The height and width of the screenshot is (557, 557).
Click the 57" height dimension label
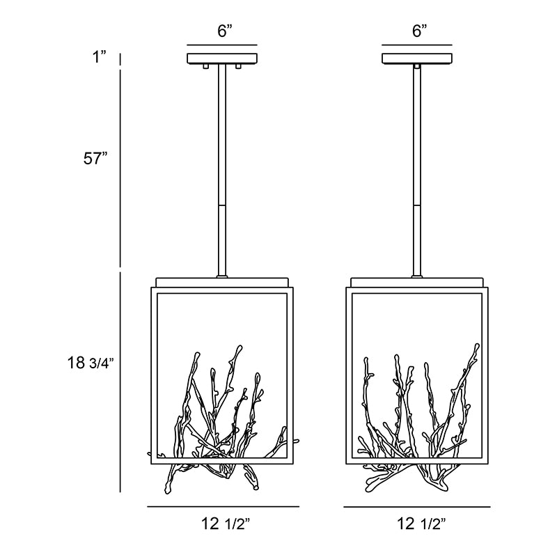click(95, 158)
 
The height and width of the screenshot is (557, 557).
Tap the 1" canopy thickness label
click(100, 57)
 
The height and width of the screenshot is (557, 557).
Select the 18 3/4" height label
click(91, 363)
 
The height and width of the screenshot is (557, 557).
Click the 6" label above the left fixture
click(224, 31)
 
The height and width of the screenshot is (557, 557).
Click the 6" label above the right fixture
click(420, 31)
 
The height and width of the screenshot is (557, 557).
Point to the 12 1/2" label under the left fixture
click(226, 524)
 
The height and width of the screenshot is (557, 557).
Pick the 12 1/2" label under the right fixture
click(421, 524)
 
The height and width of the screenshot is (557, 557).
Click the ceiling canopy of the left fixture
click(222, 58)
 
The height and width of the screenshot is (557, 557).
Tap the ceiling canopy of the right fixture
click(417, 58)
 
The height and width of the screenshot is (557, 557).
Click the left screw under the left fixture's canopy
click(205, 66)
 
